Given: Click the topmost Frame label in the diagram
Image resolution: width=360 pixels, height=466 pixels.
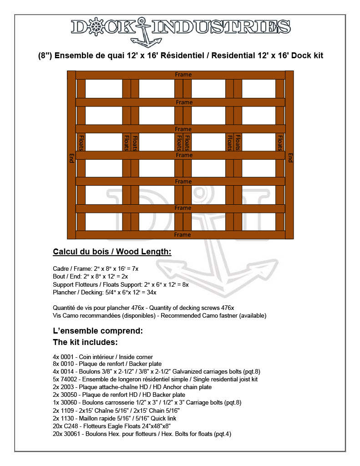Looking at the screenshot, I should point(183,75).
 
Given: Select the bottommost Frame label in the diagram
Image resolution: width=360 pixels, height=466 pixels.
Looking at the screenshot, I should point(183,235).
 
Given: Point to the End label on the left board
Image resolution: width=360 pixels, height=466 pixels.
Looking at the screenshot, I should point(71,157).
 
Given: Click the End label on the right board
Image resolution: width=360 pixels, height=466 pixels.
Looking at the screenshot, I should point(290,157).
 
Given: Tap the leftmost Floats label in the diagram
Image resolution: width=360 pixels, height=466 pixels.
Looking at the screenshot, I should point(81,142).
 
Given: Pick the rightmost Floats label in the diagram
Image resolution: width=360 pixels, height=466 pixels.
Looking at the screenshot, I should point(280,142).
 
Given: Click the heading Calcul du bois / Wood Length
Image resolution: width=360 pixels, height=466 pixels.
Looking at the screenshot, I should point(112,252).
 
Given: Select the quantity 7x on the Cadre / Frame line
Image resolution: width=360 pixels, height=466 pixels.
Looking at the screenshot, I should point(135,269).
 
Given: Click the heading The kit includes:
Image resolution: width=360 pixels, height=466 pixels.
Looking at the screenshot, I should point(86,342).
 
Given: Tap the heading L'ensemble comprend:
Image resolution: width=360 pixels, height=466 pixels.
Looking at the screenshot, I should point(98,331).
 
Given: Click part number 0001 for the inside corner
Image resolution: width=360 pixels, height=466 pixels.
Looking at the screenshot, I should point(66,357).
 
